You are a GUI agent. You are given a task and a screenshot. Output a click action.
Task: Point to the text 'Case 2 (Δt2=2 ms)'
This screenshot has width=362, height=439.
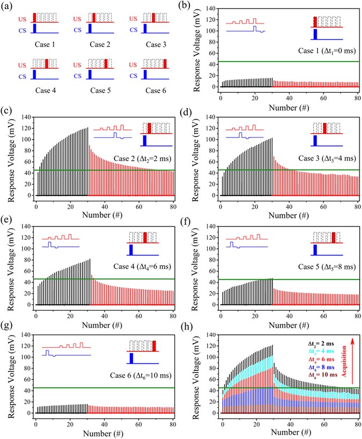(143, 159)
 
